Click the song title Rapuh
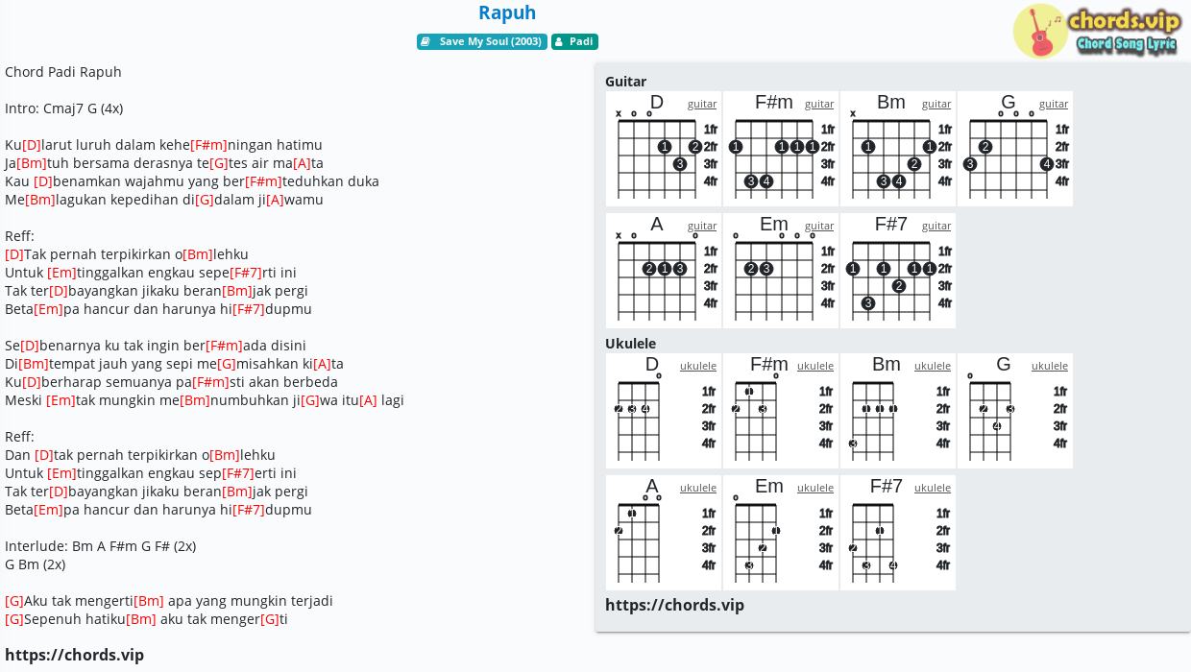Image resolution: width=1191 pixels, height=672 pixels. [507, 12]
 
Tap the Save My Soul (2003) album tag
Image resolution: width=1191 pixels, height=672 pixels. [482, 41]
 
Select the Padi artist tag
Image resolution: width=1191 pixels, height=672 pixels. [574, 41]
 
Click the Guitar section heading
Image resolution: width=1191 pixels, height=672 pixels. [626, 82]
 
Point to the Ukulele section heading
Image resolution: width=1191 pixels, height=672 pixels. [631, 343]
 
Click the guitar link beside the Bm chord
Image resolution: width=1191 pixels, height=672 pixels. [936, 104]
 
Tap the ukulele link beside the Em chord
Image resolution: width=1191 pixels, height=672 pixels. [815, 488]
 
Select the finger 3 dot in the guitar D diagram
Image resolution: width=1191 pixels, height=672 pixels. [679, 164]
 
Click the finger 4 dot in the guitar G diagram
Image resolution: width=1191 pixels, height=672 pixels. [1046, 164]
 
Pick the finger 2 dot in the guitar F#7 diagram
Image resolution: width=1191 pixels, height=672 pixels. [899, 286]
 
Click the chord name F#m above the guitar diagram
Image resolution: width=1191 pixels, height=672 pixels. [773, 102]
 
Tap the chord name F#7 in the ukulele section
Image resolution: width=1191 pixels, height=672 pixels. [886, 486]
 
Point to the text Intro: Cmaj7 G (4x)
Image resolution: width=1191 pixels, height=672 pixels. [63, 108]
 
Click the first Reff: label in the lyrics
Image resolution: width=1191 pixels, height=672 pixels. [19, 236]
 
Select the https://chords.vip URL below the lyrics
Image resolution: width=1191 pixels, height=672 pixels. [75, 655]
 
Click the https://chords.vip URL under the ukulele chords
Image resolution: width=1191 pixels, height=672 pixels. [674, 605]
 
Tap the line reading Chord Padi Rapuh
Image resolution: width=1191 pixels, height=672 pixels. [63, 72]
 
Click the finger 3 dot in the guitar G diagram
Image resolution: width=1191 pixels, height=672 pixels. [970, 164]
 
